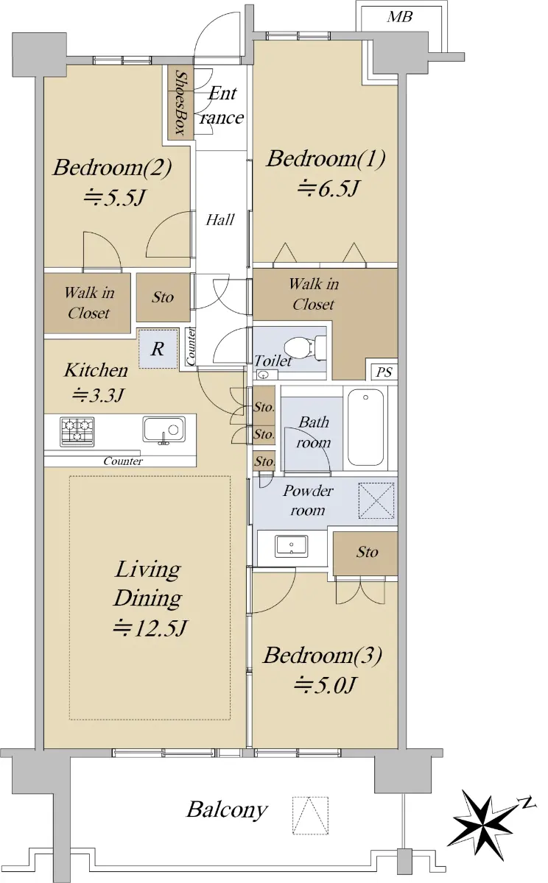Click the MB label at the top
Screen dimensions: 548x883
pos(400,16)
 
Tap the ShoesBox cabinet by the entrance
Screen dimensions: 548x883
pos(180,102)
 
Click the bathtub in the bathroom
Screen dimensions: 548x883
pos(365,427)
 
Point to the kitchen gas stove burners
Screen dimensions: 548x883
pos(77,432)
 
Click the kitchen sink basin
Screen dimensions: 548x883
pos(164,429)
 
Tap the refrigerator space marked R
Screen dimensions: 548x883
pos(158,349)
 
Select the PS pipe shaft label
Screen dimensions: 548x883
pos(384,372)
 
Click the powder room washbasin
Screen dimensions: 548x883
pos(292,545)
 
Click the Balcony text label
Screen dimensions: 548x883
pos(227,809)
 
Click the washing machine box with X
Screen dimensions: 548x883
pos(376,500)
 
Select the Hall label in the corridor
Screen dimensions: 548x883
pos(220,219)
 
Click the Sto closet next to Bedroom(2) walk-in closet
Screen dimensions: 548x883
pos(163,297)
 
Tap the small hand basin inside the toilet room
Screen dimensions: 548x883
pos(262,374)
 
